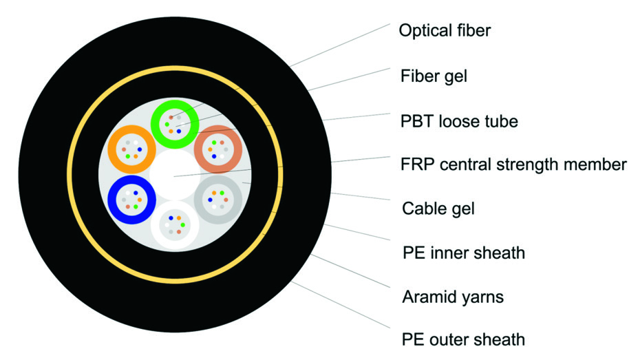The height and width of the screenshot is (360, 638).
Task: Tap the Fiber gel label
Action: (434, 76)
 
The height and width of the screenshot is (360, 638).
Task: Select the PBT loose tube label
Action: (459, 121)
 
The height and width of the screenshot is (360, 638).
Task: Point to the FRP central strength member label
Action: (513, 165)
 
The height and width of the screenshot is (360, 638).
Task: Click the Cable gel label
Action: (438, 208)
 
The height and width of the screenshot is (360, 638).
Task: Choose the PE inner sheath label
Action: (464, 253)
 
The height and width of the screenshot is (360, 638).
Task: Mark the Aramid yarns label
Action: (453, 297)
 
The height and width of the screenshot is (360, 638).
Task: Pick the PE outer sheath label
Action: (464, 339)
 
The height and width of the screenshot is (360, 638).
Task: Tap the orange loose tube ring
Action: (114, 149)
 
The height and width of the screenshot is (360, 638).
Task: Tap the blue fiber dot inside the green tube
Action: (179, 131)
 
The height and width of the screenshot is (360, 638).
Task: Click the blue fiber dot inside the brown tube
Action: (213, 156)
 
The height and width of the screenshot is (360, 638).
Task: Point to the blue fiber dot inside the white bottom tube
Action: (171, 218)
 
